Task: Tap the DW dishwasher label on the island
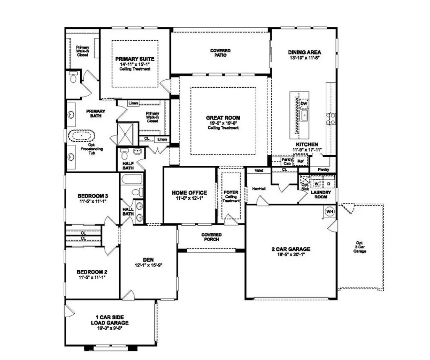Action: pyautogui.click(x=304, y=103)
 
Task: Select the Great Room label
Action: pyautogui.click(x=223, y=118)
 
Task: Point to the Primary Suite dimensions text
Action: pyautogui.click(x=134, y=65)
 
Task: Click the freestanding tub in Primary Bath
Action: pyautogui.click(x=82, y=136)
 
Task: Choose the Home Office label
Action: pyautogui.click(x=189, y=193)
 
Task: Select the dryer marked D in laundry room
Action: pyautogui.click(x=329, y=183)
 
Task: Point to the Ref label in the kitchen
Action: pyautogui.click(x=300, y=161)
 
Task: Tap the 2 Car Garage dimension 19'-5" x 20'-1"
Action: pyautogui.click(x=291, y=254)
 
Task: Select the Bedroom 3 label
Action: pyautogui.click(x=93, y=196)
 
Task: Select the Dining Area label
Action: pyautogui.click(x=304, y=52)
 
